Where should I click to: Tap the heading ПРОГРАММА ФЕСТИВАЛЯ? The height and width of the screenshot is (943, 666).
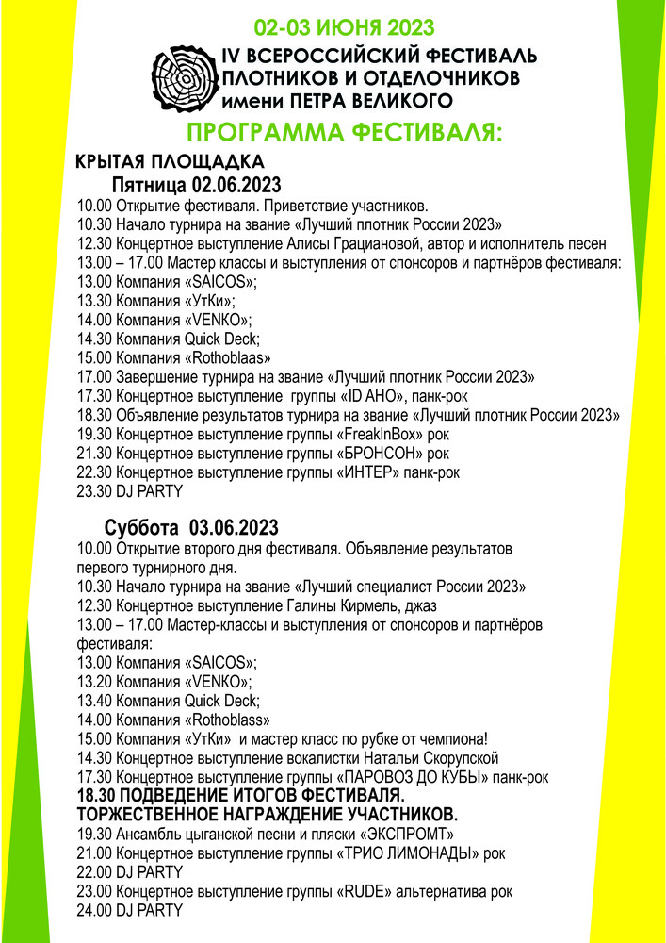[346, 132]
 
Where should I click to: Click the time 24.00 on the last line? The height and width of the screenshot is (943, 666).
[93, 911]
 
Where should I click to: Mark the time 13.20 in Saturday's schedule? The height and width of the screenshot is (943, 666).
[93, 681]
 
